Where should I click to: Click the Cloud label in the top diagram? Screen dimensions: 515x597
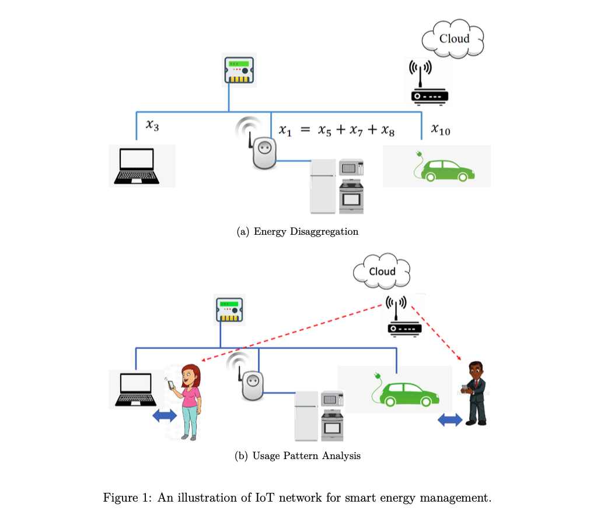(x=454, y=38)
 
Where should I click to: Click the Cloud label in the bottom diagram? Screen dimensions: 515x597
(x=382, y=271)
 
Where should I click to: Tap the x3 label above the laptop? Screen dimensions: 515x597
(x=152, y=125)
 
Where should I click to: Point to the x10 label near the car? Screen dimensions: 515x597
(x=441, y=129)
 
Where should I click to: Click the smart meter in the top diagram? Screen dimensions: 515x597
(x=239, y=71)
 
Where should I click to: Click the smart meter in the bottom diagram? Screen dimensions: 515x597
(x=230, y=311)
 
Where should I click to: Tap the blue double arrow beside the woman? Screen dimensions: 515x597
(x=163, y=416)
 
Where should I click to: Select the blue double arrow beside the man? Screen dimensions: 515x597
(x=449, y=419)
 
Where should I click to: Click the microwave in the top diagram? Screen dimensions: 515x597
(x=351, y=168)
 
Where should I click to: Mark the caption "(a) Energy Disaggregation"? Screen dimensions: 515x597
(x=298, y=232)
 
